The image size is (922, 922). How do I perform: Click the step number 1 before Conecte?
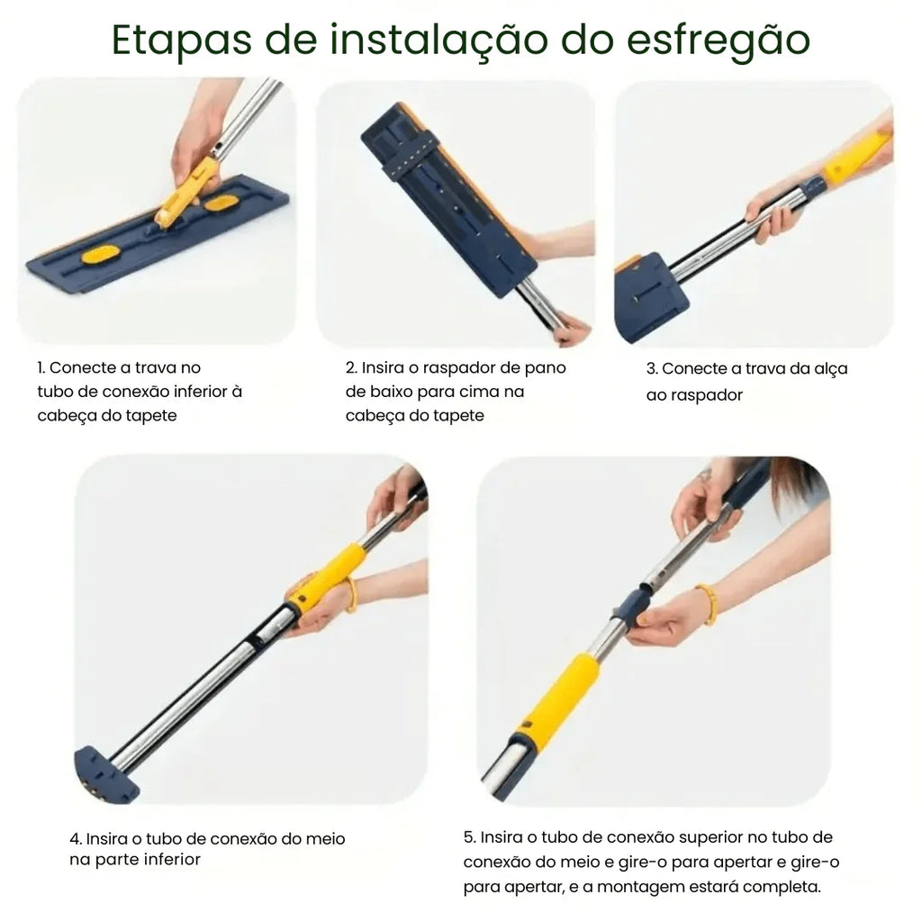point(41,368)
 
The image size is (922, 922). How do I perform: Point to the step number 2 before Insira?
point(351,368)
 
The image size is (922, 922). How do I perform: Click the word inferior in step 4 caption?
point(160,859)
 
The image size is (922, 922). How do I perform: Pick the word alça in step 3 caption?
point(828,369)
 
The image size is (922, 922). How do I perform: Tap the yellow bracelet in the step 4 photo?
point(349,595)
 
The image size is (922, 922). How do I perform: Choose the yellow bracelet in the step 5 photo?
point(708,602)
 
